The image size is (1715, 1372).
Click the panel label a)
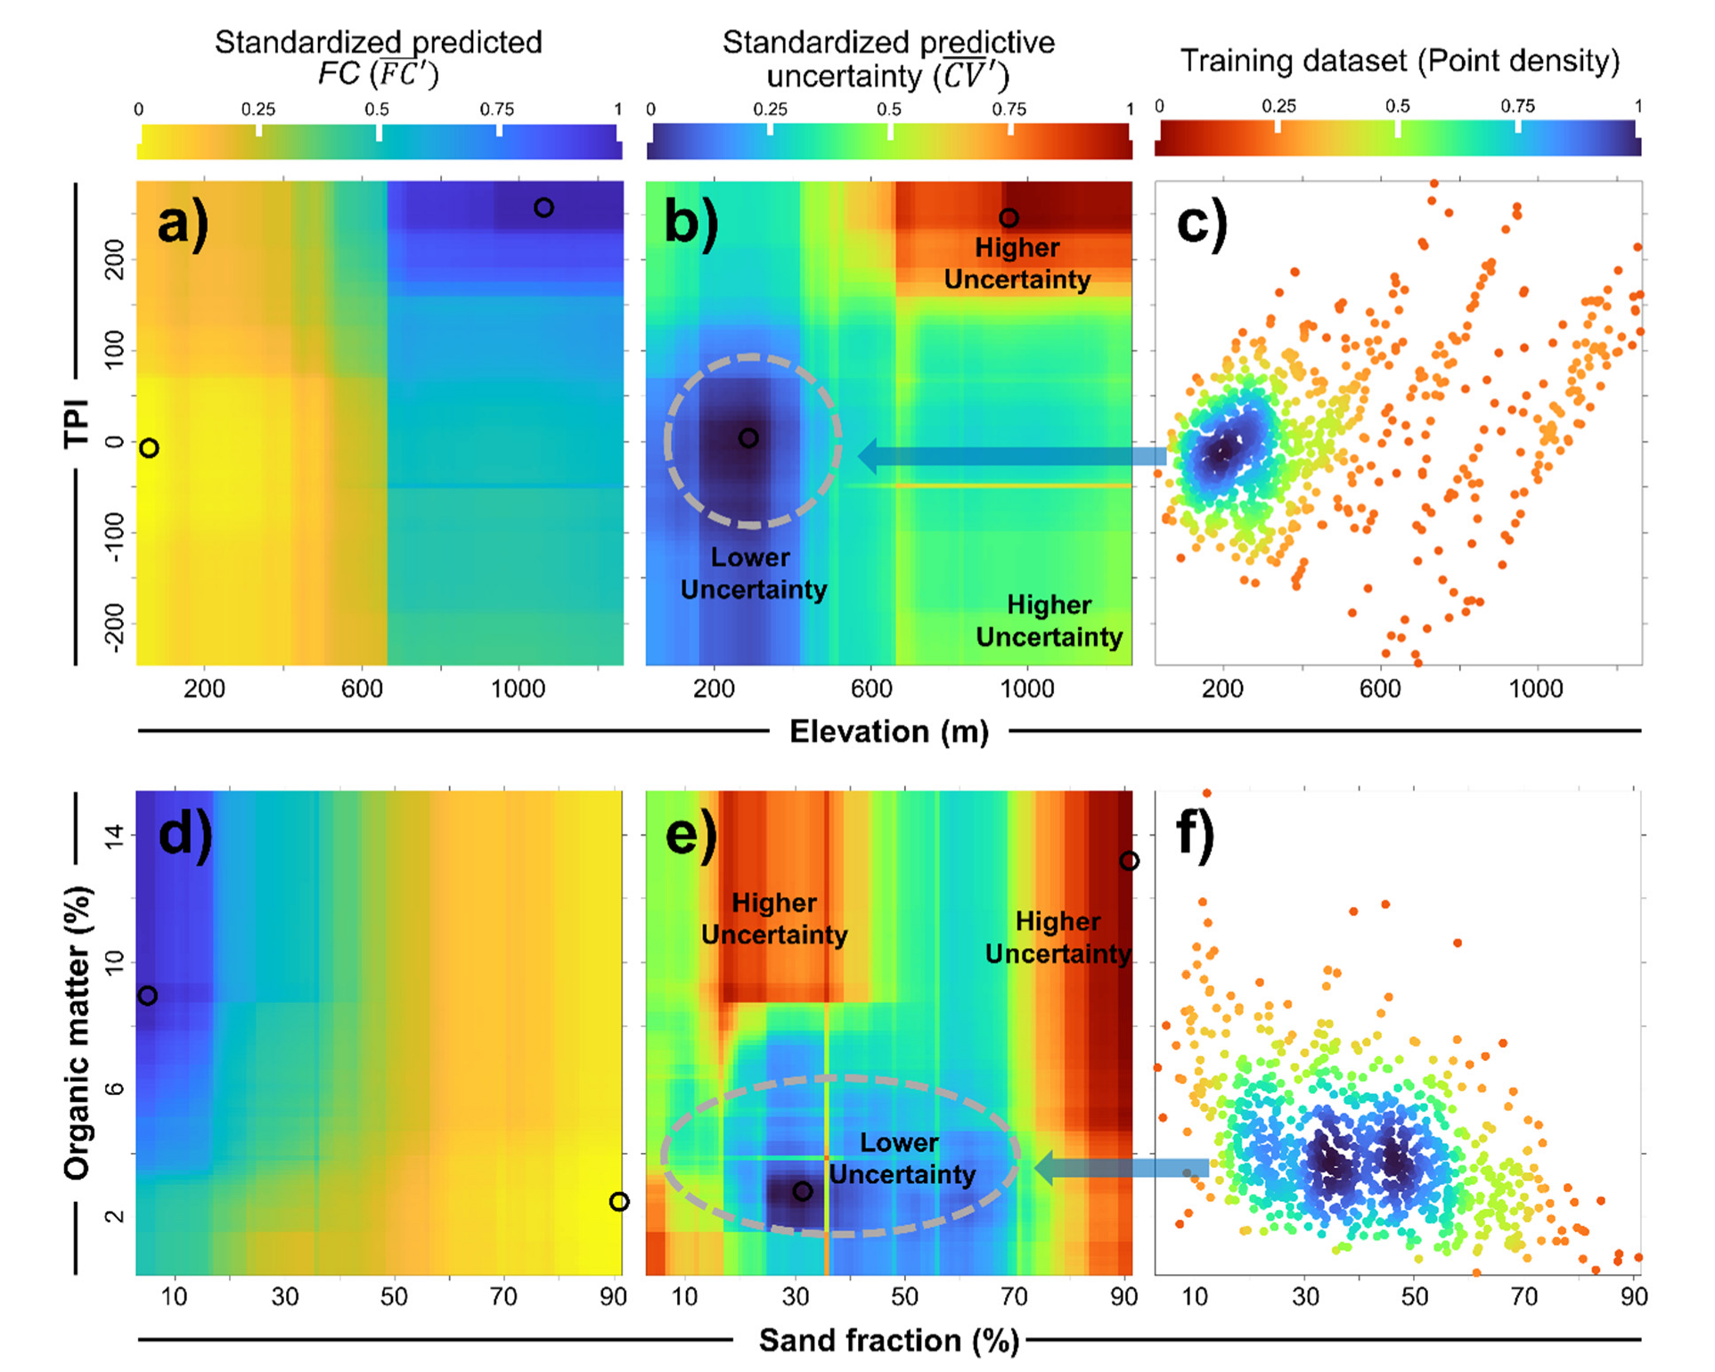pyautogui.click(x=183, y=224)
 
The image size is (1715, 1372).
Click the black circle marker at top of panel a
pyautogui.click(x=543, y=208)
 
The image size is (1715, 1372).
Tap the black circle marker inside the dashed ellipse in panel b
pyautogui.click(x=748, y=438)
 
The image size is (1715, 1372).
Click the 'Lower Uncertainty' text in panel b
pyautogui.click(x=753, y=574)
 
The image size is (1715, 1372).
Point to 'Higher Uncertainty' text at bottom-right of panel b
pyautogui.click(x=1049, y=621)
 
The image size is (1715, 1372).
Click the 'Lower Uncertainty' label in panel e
pyautogui.click(x=901, y=1158)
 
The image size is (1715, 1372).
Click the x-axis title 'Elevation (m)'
pyautogui.click(x=888, y=731)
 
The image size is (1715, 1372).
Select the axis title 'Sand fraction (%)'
pyautogui.click(x=888, y=1340)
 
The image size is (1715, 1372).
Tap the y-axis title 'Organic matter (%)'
pyautogui.click(x=78, y=1033)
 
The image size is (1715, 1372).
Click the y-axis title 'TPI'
pyautogui.click(x=77, y=423)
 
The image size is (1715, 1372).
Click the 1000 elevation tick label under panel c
pyautogui.click(x=1535, y=689)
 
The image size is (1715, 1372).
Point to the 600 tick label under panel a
pyautogui.click(x=362, y=689)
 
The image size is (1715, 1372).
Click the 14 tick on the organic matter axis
pyautogui.click(x=114, y=836)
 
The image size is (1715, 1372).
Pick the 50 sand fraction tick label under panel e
pyautogui.click(x=904, y=1297)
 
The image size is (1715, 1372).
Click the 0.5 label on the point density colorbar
pyautogui.click(x=1397, y=106)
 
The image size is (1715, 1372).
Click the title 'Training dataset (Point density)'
pyautogui.click(x=1399, y=61)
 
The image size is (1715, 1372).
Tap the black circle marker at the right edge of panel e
pyautogui.click(x=1129, y=861)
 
